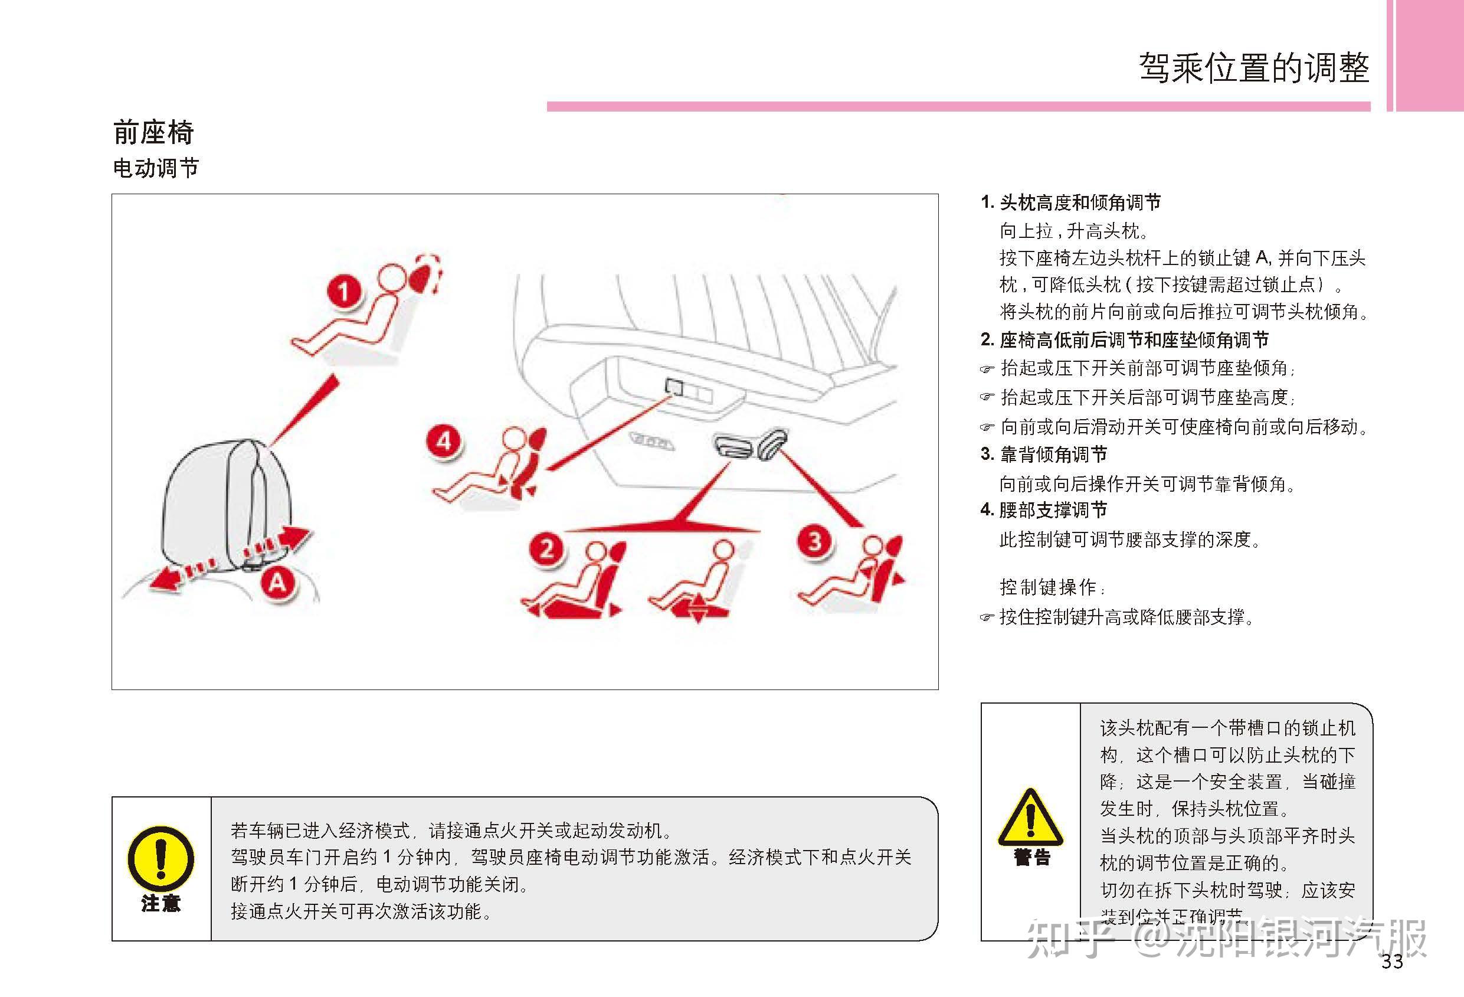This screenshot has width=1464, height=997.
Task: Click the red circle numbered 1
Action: tap(344, 291)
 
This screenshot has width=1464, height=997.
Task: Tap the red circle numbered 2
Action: tap(547, 548)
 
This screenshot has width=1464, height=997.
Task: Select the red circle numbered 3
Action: tap(815, 541)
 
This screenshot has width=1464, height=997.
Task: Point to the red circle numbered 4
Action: tap(444, 441)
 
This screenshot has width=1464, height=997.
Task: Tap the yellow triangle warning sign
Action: tap(1031, 819)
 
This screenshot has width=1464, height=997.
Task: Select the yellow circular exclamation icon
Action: tap(161, 858)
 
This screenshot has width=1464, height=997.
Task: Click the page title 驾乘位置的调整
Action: tap(1253, 67)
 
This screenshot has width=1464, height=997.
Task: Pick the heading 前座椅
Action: tap(153, 133)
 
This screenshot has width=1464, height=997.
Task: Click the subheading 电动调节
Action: tap(156, 168)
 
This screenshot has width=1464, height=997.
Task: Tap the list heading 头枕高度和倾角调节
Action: tap(1080, 203)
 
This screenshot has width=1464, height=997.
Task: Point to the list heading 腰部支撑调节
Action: tap(1053, 510)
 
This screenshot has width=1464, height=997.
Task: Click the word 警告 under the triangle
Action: tap(1032, 858)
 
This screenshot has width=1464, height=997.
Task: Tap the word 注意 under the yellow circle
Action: tap(161, 904)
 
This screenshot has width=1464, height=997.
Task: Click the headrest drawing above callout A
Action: tap(227, 498)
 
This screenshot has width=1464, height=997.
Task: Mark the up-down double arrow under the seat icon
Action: tap(697, 610)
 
